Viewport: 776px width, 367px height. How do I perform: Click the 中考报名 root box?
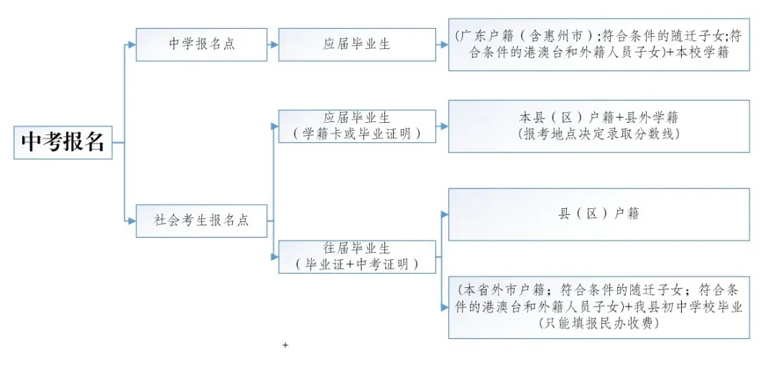point(63,142)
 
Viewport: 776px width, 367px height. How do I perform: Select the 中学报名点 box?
point(201,45)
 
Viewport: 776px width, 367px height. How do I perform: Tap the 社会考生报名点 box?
point(201,220)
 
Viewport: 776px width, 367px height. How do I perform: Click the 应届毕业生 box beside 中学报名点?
point(356,45)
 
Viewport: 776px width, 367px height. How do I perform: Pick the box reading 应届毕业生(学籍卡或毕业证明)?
point(356,126)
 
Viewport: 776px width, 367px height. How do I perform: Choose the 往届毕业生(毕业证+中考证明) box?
point(356,256)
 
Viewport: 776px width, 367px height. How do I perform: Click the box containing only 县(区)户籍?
point(599,214)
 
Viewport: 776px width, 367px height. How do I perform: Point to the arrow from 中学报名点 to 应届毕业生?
point(273,45)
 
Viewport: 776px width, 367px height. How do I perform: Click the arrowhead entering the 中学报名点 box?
point(131,45)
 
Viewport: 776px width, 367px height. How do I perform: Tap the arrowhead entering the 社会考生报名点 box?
point(131,220)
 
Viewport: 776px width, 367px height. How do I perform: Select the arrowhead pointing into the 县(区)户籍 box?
point(445,214)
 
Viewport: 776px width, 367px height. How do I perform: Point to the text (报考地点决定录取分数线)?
point(599,134)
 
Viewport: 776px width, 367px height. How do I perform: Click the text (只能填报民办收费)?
point(599,323)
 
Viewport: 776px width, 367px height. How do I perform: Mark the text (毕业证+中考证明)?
point(356,264)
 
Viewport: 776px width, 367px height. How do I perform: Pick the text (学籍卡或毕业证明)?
point(356,134)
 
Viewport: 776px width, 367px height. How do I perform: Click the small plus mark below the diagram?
point(285,345)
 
